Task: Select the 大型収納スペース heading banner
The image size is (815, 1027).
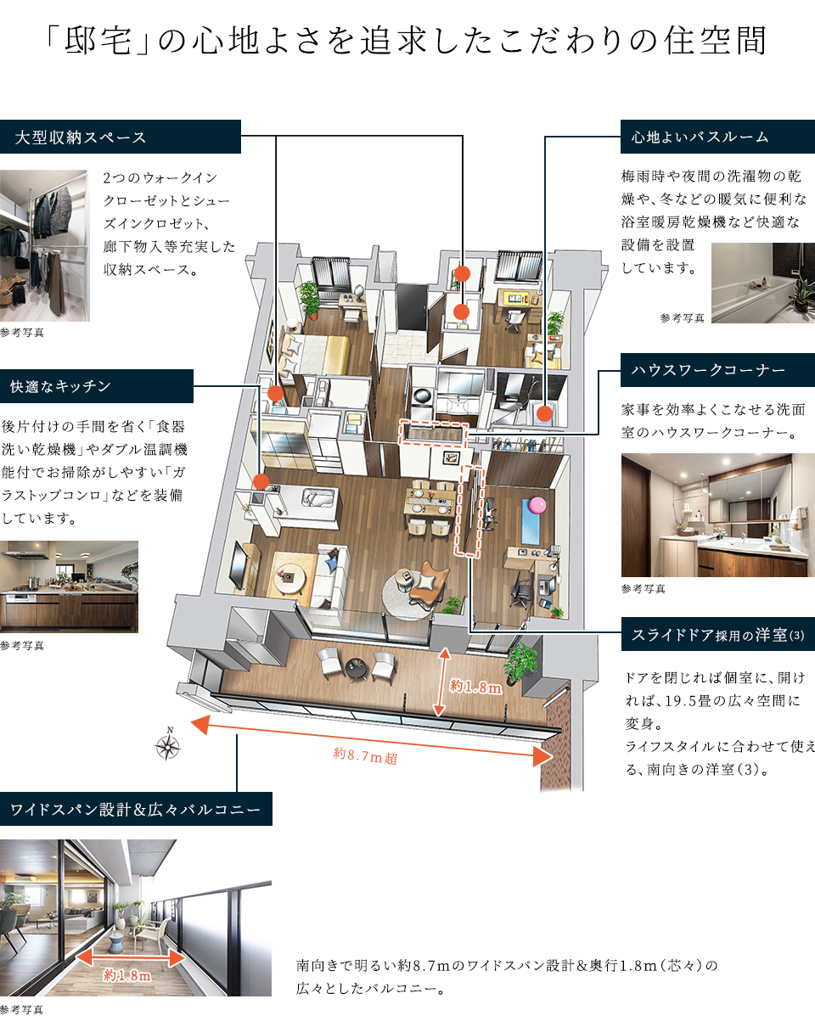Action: tap(121, 137)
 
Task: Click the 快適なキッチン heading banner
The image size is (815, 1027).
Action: tap(97, 386)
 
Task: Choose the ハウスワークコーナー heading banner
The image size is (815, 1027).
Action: tap(717, 370)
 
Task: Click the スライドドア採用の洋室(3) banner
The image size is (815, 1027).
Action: tap(717, 634)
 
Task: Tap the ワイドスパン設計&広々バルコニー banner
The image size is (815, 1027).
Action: tap(136, 809)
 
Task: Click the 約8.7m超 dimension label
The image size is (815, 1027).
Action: tap(366, 755)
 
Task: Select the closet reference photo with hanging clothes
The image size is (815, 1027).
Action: tap(44, 245)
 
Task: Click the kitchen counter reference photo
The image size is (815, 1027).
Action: tap(69, 586)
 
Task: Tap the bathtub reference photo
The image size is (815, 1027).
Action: tap(762, 283)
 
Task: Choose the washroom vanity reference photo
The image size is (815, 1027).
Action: tap(717, 515)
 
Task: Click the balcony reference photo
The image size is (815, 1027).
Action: tap(136, 918)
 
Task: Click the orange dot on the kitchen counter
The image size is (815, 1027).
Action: tap(261, 481)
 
